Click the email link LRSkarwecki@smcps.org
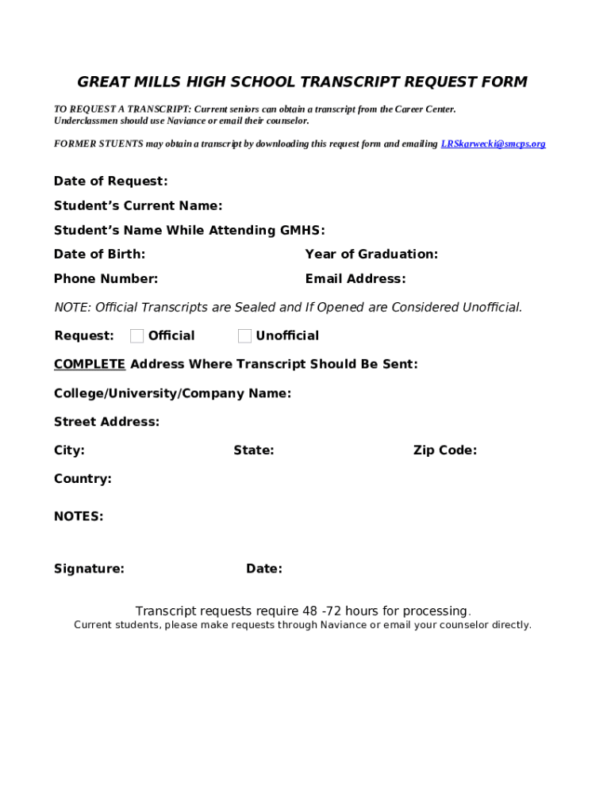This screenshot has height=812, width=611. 493,144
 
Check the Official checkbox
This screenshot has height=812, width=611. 137,336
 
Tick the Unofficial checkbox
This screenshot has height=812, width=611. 244,336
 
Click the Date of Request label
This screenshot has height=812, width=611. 110,182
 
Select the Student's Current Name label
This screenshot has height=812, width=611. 137,206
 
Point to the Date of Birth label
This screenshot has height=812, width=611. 99,255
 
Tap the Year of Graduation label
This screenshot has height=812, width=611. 371,255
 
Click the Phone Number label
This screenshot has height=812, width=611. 106,279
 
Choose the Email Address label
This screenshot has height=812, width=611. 355,279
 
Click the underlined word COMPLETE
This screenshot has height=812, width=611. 89,365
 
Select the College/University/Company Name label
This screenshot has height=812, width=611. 172,393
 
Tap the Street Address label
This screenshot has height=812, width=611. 106,422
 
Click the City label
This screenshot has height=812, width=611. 69,450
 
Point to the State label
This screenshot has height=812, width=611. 253,450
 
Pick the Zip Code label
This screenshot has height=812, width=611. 444,450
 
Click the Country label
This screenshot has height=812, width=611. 83,479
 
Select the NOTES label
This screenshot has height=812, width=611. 79,517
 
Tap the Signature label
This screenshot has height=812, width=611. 89,569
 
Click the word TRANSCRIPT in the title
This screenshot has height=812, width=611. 350,82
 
